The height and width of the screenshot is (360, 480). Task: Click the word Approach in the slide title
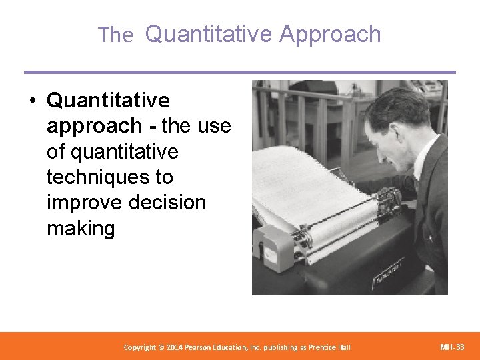[330, 34]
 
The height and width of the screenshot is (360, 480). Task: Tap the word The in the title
[115, 35]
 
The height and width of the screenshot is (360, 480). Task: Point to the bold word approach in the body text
[94, 126]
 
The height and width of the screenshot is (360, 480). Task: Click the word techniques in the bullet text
[109, 177]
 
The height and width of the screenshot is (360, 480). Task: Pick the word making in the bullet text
[81, 229]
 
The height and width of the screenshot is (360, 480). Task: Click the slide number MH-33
[453, 347]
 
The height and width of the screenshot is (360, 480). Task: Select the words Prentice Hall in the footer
[328, 347]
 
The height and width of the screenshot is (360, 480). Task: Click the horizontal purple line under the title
[240, 72]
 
